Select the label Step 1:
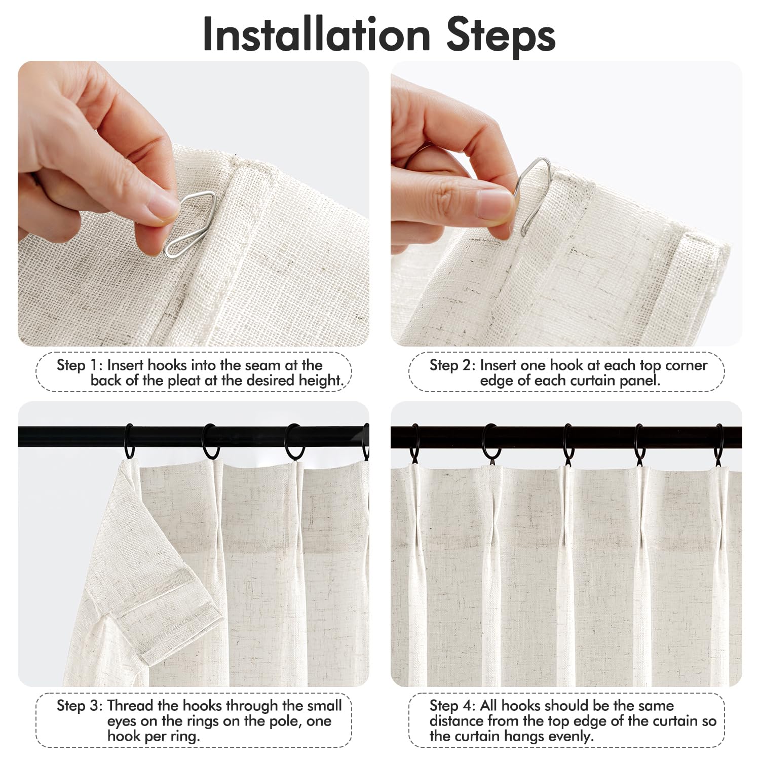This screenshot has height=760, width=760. click(79, 365)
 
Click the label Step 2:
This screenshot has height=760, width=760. click(452, 365)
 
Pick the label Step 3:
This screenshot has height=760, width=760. click(79, 706)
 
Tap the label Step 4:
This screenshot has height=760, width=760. click(452, 706)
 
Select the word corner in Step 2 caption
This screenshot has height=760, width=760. click(686, 366)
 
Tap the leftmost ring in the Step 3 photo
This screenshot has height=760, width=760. click(129, 441)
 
